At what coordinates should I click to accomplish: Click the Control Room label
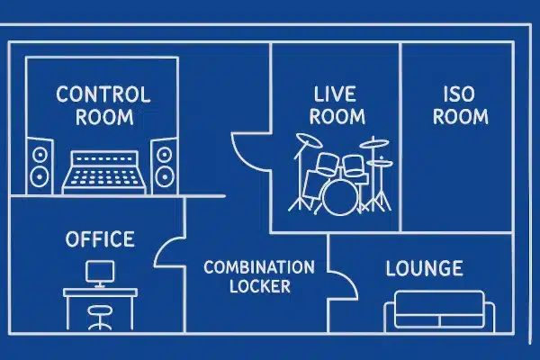point(103,105)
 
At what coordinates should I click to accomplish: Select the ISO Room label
point(466,105)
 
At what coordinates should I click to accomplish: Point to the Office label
point(100,239)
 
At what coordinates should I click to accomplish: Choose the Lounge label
point(424,268)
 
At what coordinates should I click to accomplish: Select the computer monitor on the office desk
point(100,271)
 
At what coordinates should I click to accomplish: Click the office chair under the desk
point(98,315)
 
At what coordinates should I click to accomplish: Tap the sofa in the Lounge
point(439,311)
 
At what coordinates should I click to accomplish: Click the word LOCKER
point(259,287)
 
